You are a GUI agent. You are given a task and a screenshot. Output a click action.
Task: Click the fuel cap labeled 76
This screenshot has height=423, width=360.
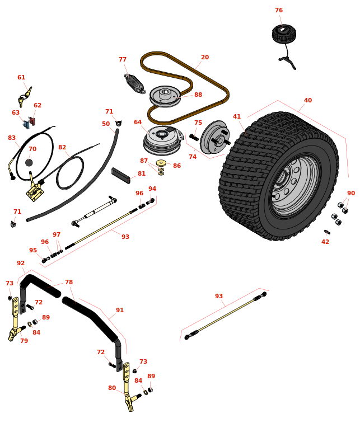284,33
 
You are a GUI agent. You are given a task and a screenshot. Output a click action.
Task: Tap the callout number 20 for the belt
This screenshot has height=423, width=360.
205,57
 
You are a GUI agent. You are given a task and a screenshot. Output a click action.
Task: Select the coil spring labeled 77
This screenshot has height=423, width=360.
135,83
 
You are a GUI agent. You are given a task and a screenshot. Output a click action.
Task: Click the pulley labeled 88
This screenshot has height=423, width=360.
165,96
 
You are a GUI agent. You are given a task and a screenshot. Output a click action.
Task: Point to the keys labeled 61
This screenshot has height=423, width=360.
25,97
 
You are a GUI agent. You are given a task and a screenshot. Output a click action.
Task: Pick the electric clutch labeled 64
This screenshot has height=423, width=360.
162,140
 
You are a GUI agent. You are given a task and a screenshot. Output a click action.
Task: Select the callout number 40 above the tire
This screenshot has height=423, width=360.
307,100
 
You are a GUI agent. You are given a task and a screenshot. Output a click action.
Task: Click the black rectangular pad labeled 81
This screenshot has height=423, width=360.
120,175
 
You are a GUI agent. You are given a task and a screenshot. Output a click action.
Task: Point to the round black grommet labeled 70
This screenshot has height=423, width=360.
29,163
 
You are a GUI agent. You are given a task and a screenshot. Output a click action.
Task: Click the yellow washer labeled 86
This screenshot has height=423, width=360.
161,163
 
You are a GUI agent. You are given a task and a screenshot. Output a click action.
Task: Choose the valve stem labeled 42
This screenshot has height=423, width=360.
327,232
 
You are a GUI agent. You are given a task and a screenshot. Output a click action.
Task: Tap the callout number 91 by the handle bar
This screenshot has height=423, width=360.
120,310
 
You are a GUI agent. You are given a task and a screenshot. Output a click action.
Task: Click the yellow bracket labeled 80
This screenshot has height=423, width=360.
129,387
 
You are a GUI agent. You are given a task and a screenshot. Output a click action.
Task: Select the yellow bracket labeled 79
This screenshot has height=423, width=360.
15,319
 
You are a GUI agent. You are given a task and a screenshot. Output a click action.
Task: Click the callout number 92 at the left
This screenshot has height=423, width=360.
21,263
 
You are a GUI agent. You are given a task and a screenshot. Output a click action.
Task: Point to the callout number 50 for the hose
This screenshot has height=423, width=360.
106,124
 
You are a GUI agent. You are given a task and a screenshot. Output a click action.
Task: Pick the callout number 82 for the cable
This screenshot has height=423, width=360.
62,147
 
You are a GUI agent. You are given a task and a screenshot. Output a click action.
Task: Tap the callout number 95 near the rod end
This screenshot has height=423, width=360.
33,250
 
